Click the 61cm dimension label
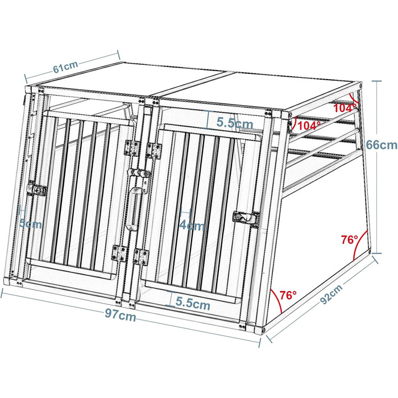(x=65, y=67)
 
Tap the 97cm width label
(x=121, y=316)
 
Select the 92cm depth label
(x=331, y=294)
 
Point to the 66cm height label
(x=382, y=145)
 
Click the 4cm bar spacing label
(x=192, y=225)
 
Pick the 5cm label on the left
(x=31, y=224)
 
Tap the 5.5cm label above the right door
(x=235, y=123)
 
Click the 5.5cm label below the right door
(x=193, y=304)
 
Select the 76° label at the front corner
(x=288, y=295)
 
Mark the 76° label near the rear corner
(x=349, y=239)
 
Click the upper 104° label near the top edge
(x=345, y=108)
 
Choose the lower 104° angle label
(x=309, y=126)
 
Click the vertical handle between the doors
(x=133, y=209)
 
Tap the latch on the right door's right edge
(x=246, y=218)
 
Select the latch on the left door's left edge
(x=38, y=188)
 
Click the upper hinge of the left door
(x=132, y=148)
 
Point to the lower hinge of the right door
(x=142, y=257)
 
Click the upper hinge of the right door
(x=154, y=150)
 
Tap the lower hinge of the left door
(x=119, y=254)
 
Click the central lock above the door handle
(x=139, y=175)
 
